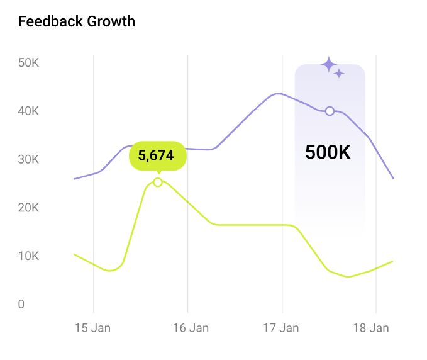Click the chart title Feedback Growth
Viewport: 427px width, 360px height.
click(77, 21)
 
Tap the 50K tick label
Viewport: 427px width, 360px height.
click(29, 63)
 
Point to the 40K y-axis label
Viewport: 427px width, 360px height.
click(29, 111)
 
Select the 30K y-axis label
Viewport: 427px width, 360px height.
click(29, 160)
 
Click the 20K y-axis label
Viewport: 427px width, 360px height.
click(29, 208)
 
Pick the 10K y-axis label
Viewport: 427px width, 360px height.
click(29, 256)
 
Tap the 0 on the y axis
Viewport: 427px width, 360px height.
click(21, 305)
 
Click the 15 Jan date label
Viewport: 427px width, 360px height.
click(93, 328)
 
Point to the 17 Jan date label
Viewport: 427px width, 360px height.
click(281, 328)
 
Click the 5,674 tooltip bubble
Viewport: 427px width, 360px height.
click(157, 155)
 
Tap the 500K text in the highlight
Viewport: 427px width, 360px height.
click(328, 152)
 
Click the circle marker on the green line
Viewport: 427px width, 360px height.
click(158, 182)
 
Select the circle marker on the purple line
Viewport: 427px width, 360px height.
click(330, 111)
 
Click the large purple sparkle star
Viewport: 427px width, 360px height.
click(329, 64)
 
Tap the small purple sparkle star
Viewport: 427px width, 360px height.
click(340, 74)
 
